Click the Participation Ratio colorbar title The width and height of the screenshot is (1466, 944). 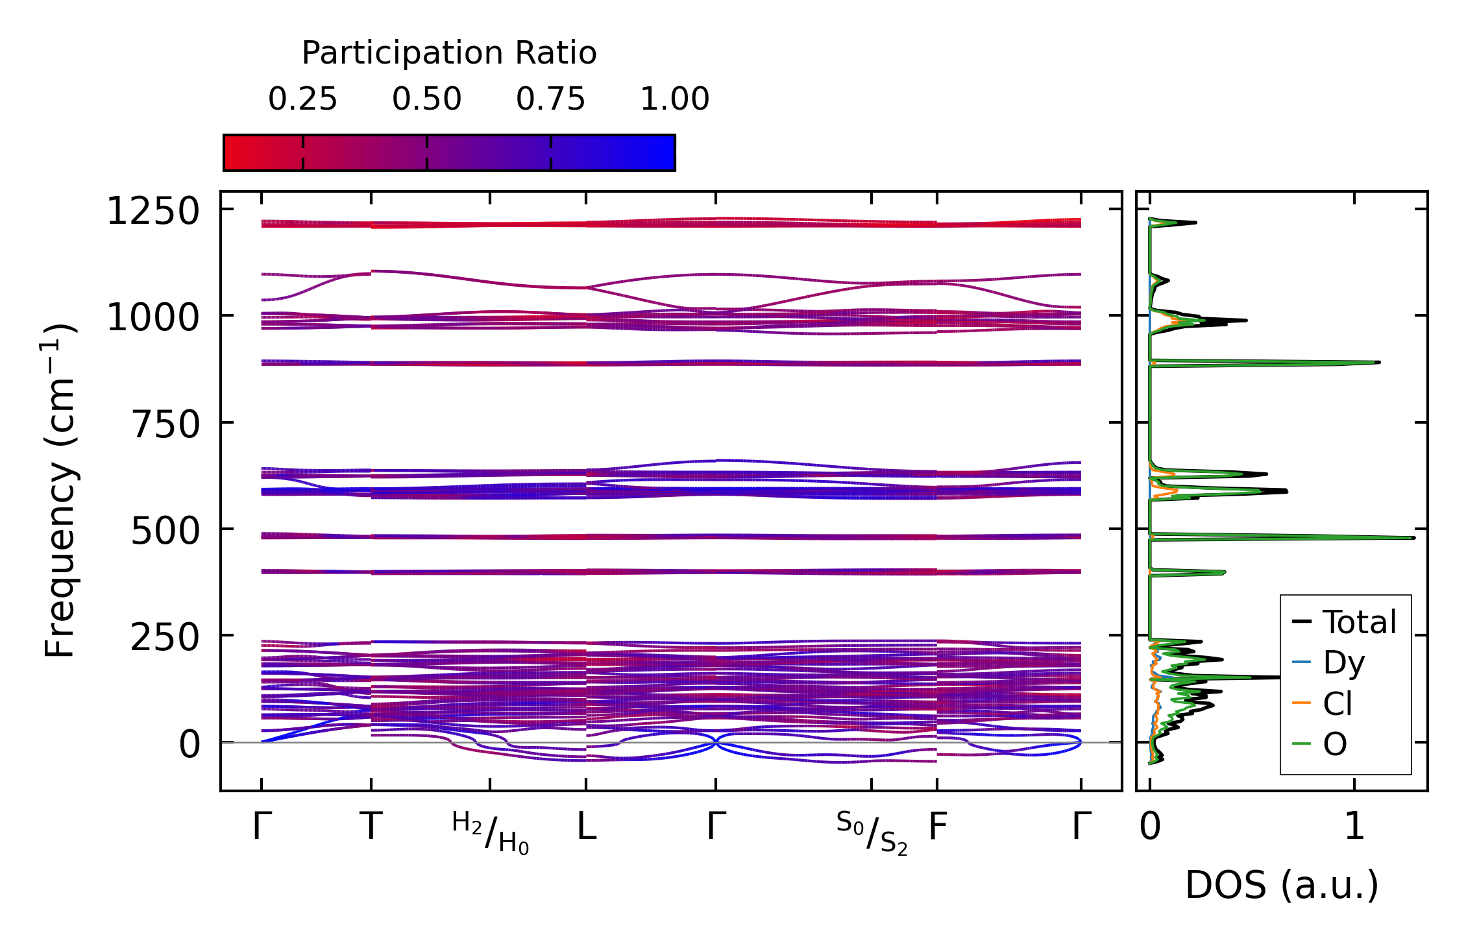[449, 53]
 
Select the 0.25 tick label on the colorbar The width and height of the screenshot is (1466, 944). [302, 99]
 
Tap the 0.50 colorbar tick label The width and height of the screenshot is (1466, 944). [426, 99]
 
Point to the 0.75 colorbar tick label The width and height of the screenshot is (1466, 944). [550, 99]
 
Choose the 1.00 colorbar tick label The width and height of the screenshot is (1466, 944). [674, 99]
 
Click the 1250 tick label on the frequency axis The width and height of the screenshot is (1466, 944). [153, 212]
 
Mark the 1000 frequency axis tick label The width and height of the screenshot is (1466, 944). [153, 318]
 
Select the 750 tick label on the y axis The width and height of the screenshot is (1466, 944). [165, 425]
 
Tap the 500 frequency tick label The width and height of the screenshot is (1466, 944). [165, 531]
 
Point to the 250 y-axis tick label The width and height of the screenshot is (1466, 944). [165, 638]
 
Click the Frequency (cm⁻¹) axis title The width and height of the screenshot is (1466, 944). [60, 490]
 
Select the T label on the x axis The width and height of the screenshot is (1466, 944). [371, 827]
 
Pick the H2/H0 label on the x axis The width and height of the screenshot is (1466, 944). [490, 832]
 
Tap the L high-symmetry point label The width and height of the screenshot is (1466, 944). [587, 827]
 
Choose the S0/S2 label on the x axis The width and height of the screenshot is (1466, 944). [872, 832]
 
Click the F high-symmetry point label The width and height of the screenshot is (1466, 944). [938, 827]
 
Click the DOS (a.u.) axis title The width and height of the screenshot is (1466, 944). [1282, 885]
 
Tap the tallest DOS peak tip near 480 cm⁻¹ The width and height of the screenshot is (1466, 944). [1413, 538]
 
